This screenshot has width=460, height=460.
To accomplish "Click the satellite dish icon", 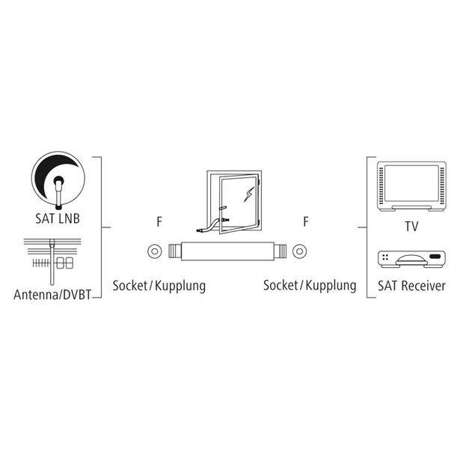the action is click(x=58, y=180).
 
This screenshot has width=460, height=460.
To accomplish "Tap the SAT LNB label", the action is click(x=58, y=219).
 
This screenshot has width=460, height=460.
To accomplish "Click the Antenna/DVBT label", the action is click(x=52, y=295).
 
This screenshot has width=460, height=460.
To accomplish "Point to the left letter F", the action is click(x=159, y=222).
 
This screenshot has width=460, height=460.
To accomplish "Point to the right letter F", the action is click(x=306, y=222).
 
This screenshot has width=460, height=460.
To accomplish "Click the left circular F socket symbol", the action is click(x=155, y=251).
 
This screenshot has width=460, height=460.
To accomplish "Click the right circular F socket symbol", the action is click(x=299, y=251).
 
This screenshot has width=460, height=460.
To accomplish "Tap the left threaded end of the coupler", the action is click(x=175, y=251).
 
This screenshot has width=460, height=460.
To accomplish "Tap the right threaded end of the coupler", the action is click(x=280, y=251).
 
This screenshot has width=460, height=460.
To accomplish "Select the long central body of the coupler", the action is click(x=227, y=251).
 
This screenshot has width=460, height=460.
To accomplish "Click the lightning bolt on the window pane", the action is click(x=249, y=194).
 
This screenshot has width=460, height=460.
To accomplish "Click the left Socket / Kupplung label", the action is click(x=159, y=286).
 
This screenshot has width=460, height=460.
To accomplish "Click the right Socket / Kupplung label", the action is click(x=310, y=286).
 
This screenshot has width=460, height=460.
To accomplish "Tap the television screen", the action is click(x=411, y=183).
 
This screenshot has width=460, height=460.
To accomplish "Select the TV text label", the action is click(x=411, y=227).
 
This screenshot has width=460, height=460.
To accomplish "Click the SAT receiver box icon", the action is click(x=411, y=260).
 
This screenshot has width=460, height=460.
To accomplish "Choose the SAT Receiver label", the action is click(x=411, y=286).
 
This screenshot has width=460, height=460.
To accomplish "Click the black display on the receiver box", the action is click(x=435, y=257).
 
